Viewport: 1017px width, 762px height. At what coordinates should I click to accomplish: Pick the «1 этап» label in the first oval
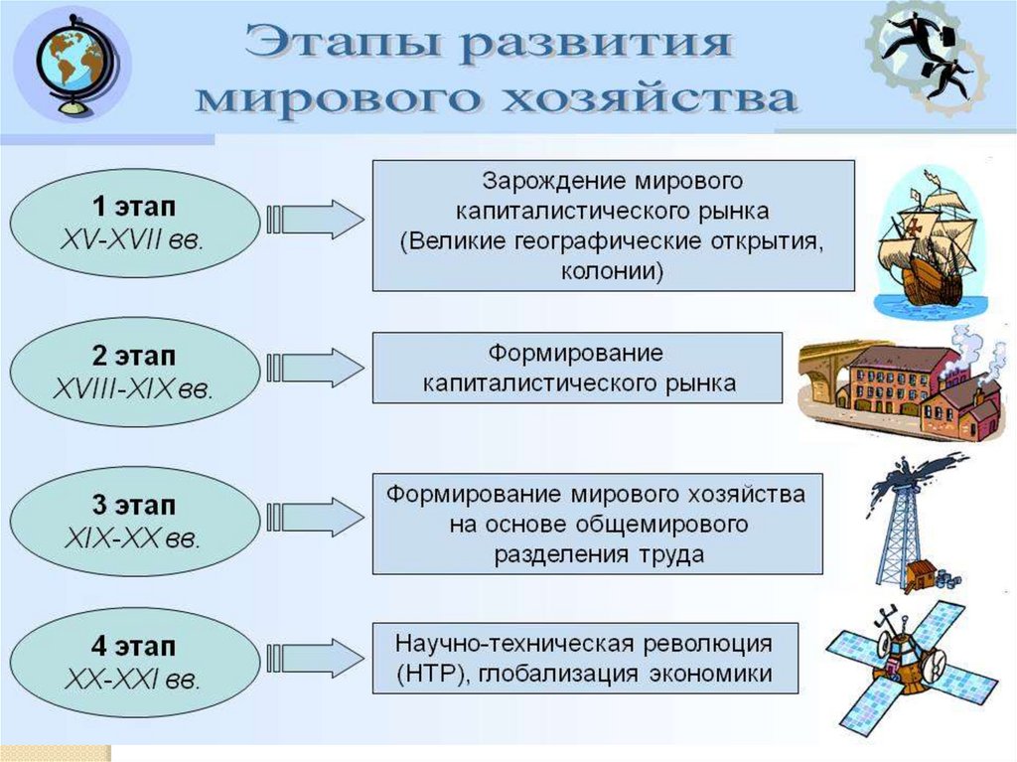[134, 207]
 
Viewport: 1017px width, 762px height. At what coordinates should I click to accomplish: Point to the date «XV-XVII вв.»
[132, 240]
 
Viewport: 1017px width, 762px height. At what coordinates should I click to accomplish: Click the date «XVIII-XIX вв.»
[133, 389]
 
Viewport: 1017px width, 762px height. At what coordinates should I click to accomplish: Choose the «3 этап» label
[134, 505]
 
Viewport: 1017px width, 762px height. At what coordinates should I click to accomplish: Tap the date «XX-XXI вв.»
[132, 680]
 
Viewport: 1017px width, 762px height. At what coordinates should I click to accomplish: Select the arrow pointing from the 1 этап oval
[315, 220]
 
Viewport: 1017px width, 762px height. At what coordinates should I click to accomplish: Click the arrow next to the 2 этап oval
[315, 368]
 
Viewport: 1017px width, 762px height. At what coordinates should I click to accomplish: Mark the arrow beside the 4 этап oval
[315, 658]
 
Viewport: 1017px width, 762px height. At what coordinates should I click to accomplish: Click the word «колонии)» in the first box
[612, 270]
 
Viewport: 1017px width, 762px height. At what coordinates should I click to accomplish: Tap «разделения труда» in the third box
[599, 554]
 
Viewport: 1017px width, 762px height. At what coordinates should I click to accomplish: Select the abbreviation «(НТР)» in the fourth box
[433, 673]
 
